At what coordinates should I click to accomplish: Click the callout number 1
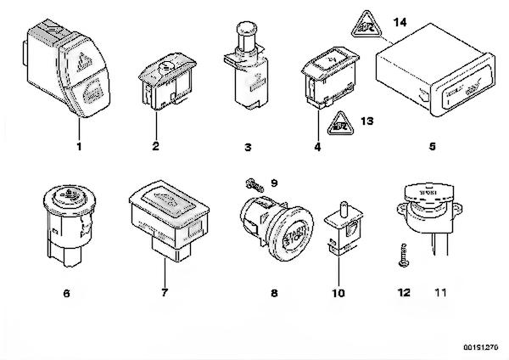click(79, 146)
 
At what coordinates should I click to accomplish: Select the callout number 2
click(156, 146)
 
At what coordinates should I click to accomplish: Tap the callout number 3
click(248, 147)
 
